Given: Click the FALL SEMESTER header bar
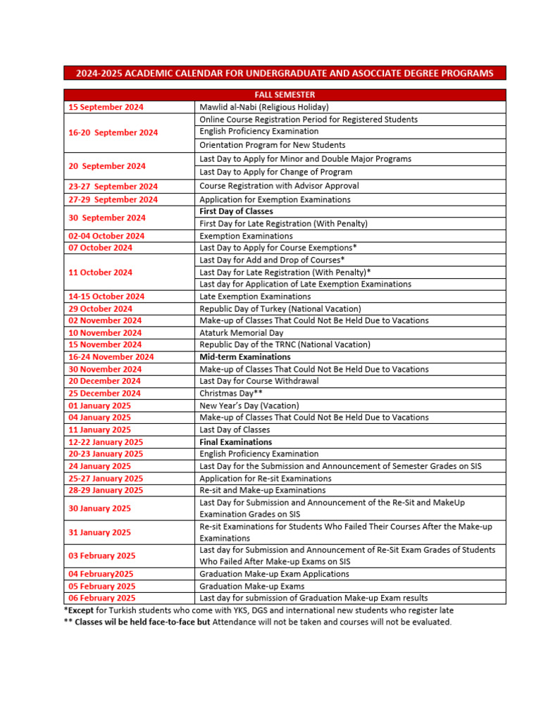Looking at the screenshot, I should [285, 95].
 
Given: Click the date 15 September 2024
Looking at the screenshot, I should [106, 107].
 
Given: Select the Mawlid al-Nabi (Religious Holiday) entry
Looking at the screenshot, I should [264, 107].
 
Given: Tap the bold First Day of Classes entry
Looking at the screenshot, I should [236, 211].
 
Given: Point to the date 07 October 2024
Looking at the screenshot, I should [100, 248].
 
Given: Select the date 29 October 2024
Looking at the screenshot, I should [100, 308].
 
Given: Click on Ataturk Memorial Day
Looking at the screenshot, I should [242, 333].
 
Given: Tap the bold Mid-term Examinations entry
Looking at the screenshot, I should [245, 357].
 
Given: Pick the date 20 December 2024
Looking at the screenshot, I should [104, 381].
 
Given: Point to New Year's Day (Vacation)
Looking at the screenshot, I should [249, 406].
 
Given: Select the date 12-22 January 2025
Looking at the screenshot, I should [106, 442].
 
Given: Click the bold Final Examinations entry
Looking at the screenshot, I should [235, 442].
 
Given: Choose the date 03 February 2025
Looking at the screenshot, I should [102, 556].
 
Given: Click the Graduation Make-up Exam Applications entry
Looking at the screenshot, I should [274, 574].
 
